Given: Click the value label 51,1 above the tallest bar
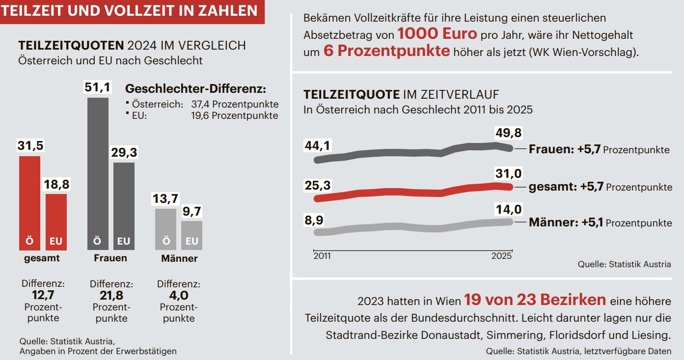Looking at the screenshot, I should coord(98,88).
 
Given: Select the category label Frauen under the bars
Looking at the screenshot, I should coord(110,258).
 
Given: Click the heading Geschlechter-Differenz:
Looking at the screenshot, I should coord(196,89).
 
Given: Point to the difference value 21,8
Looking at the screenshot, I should coord(110,296).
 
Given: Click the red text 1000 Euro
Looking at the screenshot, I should coord(437,34).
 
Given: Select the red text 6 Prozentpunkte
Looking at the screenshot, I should coord(386,52).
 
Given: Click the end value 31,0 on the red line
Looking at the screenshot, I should coord(509,173).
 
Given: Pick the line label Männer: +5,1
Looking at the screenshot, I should coord(565,222).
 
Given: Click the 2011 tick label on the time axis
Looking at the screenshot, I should coord(322,256).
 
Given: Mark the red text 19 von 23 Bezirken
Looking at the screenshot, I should coord(535,300).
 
